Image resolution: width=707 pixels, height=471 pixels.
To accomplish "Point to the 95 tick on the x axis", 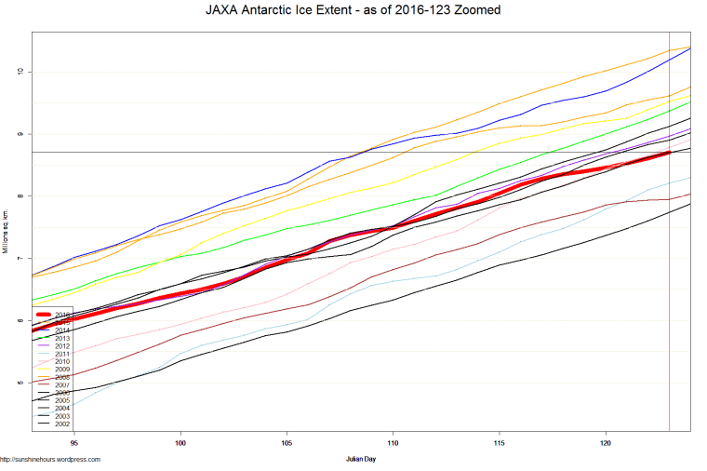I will tap(73, 443).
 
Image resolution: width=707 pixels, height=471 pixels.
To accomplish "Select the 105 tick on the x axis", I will tap(287, 443).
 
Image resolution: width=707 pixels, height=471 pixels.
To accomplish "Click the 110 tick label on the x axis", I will tap(394, 443).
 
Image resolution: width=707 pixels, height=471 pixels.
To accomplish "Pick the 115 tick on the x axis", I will tap(500, 443).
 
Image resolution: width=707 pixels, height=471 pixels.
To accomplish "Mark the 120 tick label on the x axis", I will tap(607, 443).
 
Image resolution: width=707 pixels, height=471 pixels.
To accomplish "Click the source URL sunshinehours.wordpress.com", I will tap(50, 459).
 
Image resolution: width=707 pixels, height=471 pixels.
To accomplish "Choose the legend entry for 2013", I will tap(62, 338).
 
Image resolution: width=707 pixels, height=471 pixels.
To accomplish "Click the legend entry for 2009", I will tap(62, 370).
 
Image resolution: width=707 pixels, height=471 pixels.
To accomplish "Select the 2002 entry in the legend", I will tap(62, 424).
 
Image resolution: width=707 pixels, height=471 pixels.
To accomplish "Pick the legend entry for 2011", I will tap(62, 354).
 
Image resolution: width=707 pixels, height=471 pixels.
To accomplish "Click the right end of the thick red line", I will tap(669, 153).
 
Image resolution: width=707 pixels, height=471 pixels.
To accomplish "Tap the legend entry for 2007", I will tap(62, 385).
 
